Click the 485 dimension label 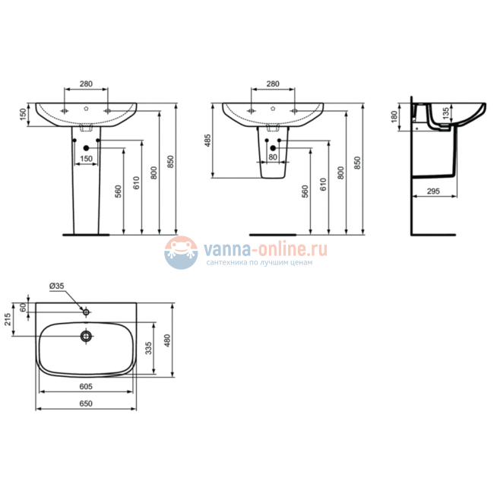click(207, 141)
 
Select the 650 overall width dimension click(86, 404)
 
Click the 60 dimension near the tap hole click(23, 307)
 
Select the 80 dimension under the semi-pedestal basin click(272, 157)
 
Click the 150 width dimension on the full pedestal click(87, 158)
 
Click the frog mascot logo click(179, 252)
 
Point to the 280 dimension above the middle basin click(272, 85)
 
